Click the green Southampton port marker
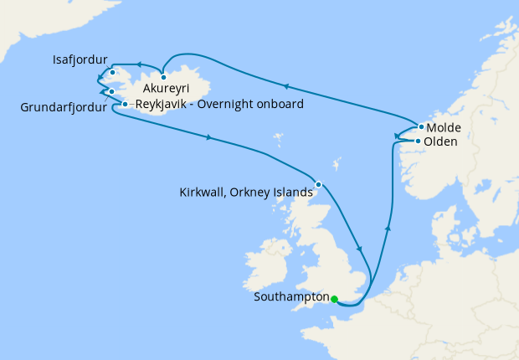click(x=333, y=299)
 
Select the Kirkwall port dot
click(x=318, y=184)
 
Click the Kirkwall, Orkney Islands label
click(x=246, y=192)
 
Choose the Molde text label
click(x=444, y=128)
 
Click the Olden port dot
click(x=418, y=141)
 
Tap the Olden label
click(x=441, y=142)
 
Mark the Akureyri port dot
click(x=164, y=78)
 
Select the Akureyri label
click(x=166, y=89)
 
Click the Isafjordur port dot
click(x=112, y=73)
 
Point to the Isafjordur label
click(x=79, y=60)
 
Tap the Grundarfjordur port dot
click(x=111, y=91)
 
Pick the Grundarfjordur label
click(x=64, y=107)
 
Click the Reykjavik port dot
click(x=125, y=105)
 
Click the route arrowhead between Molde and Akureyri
click(x=287, y=86)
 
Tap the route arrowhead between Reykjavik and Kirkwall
click(x=207, y=137)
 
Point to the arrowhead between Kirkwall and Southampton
click(x=358, y=249)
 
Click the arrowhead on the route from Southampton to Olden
click(x=387, y=225)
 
